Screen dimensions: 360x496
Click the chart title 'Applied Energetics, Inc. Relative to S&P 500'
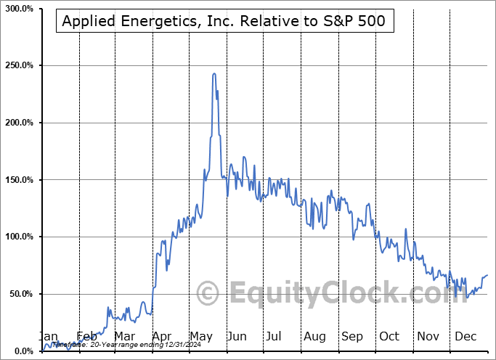224,22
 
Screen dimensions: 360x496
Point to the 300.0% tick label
18,8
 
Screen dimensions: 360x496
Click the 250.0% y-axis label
18,65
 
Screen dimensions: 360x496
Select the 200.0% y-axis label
18,123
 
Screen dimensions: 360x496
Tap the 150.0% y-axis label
18,180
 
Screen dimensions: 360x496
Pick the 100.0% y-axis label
18,237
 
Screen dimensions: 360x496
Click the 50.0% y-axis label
20,294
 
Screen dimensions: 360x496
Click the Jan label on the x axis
48,337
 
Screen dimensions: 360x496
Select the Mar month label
125,337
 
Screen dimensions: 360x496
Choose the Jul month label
275,337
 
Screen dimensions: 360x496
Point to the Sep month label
352,337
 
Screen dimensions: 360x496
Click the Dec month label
465,337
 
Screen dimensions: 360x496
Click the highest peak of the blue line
214,73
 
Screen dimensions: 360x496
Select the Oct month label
390,337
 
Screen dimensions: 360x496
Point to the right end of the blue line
487,275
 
